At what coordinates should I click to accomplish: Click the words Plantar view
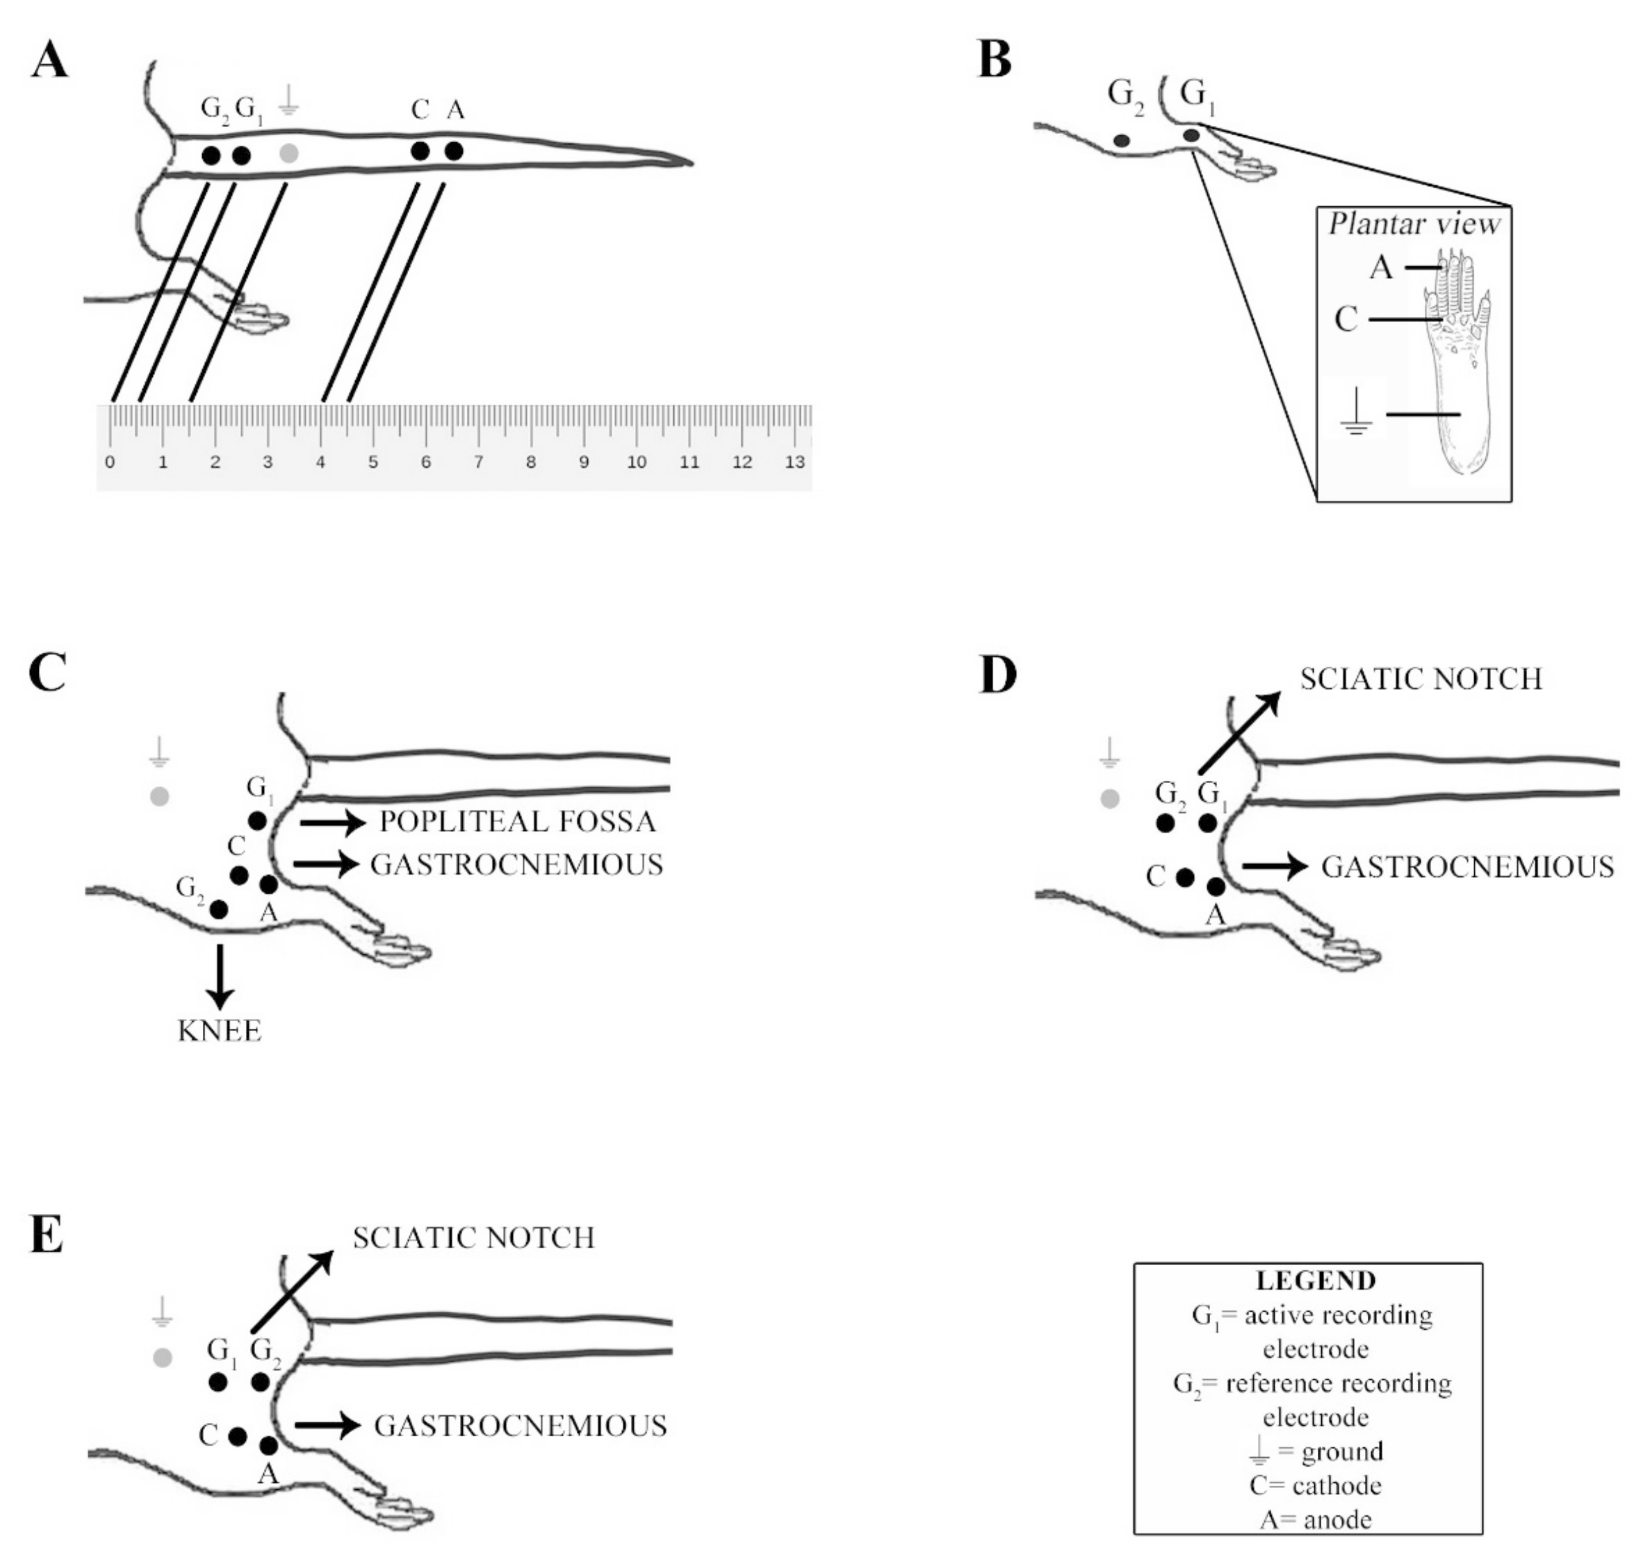tap(1414, 224)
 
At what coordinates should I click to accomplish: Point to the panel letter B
tap(995, 61)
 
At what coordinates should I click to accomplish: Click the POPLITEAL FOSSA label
tap(517, 821)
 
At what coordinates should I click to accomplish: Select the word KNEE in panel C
tap(220, 1031)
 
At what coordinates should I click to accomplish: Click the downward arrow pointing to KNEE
tap(220, 976)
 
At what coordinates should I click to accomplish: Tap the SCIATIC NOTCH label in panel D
tap(1421, 678)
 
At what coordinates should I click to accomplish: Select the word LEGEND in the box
tap(1315, 1281)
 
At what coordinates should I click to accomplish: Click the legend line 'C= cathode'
tap(1315, 1485)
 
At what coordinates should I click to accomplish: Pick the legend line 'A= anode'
tap(1315, 1519)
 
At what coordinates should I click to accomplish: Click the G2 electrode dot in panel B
tap(1121, 141)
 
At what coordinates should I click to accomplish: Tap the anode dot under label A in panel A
tap(454, 151)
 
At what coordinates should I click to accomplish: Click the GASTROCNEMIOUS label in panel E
tap(521, 1425)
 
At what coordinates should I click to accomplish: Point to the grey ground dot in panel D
tap(1109, 798)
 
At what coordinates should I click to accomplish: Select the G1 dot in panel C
tap(258, 821)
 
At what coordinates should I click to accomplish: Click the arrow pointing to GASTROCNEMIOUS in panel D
tap(1275, 867)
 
